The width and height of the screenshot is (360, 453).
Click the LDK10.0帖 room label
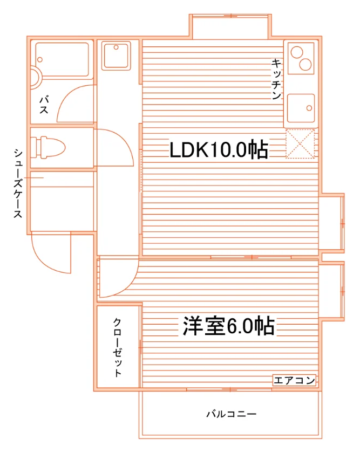pos(219,150)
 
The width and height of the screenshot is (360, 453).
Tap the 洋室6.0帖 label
pos(228,326)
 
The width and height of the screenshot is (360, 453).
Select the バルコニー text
pos(232,414)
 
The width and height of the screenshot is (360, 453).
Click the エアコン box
pos(294,380)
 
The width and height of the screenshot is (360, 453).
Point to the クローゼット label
pos(117,347)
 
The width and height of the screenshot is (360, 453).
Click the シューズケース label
pos(18,183)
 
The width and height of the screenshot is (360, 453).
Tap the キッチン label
pos(276,79)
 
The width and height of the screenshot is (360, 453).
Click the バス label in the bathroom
pos(44,105)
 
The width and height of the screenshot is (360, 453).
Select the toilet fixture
pos(48,147)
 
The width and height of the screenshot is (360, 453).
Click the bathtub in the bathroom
pos(62,60)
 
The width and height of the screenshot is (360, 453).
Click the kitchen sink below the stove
pos(301,108)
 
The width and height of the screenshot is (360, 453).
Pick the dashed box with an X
pos(300,144)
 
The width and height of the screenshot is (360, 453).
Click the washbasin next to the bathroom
pos(116,56)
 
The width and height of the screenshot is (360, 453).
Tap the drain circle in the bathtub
pos(40,60)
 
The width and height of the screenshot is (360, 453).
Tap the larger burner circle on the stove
pos(305,64)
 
